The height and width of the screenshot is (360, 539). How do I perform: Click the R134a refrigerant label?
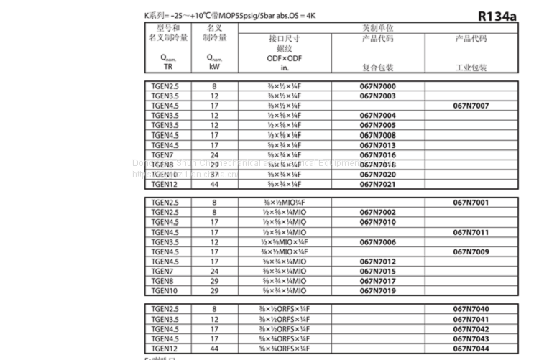pyautogui.click(x=497, y=17)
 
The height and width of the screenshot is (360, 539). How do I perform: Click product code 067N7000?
pyautogui.click(x=378, y=86)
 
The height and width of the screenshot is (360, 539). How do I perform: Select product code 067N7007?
pyautogui.click(x=471, y=106)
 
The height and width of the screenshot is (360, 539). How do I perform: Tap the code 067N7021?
pyautogui.click(x=378, y=185)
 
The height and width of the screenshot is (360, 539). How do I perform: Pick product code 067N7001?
pyautogui.click(x=471, y=203)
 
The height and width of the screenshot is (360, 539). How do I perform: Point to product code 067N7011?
pyautogui.click(x=471, y=232)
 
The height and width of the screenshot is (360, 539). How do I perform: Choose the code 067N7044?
pyautogui.click(x=471, y=349)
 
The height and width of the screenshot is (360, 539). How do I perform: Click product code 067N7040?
pyautogui.click(x=471, y=309)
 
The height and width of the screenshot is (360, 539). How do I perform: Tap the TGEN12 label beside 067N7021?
pyautogui.click(x=165, y=185)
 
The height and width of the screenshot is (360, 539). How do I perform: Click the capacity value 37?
pyautogui.click(x=214, y=175)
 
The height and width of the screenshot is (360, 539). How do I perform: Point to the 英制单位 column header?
pyautogui.click(x=378, y=27)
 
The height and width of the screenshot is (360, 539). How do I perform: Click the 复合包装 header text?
pyautogui.click(x=378, y=68)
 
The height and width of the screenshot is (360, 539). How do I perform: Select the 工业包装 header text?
pyautogui.click(x=471, y=68)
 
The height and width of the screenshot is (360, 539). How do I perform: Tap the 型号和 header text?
pyautogui.click(x=162, y=27)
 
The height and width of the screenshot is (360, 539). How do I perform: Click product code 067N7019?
pyautogui.click(x=378, y=291)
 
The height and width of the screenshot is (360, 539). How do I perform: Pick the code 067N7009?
pyautogui.click(x=471, y=251)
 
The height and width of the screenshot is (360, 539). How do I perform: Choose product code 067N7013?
pyautogui.click(x=378, y=144)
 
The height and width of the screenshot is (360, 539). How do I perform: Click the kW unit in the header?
pyautogui.click(x=214, y=67)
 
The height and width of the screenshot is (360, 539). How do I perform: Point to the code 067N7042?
pyautogui.click(x=471, y=328)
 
